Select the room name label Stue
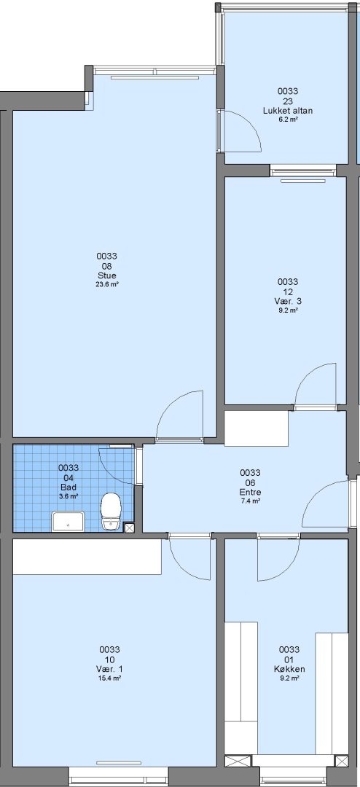tap(107, 275)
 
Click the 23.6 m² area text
tap(107, 284)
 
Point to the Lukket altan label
tap(288, 111)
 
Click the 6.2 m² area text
tap(288, 120)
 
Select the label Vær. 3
tap(288, 301)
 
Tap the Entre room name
tap(250, 492)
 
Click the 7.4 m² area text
tap(250, 501)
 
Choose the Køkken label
tap(289, 669)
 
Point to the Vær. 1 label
tap(109, 669)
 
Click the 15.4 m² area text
tap(109, 678)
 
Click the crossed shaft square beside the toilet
tap(129, 528)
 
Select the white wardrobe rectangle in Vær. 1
tap(87, 557)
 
